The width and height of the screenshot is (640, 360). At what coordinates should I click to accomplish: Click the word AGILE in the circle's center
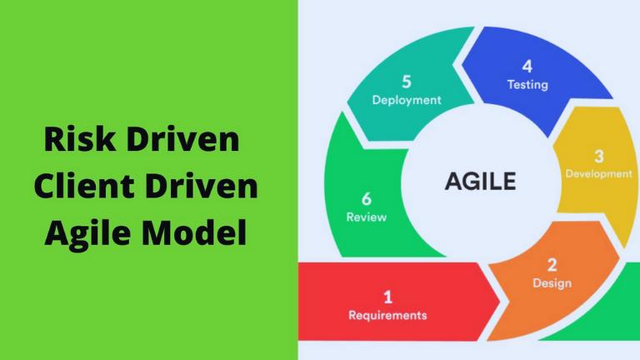480,181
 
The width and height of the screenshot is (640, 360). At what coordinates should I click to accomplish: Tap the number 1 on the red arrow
387,297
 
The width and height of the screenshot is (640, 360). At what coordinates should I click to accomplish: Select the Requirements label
387,315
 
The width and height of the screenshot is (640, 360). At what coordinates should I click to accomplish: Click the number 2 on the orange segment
552,265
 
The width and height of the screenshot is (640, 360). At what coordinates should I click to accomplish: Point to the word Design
552,282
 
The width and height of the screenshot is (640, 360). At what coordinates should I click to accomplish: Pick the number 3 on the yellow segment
599,157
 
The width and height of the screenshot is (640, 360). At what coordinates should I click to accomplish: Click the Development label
599,174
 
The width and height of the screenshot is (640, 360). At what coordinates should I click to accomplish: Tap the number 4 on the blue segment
527,67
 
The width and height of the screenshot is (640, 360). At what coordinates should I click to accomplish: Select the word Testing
527,85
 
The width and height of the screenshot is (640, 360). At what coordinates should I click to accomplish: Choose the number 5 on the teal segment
407,82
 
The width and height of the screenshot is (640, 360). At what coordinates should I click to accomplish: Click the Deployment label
407,100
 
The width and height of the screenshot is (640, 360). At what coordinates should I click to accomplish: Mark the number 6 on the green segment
367,199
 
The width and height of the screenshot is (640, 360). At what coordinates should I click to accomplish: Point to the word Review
367,217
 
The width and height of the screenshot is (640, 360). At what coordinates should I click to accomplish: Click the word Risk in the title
80,139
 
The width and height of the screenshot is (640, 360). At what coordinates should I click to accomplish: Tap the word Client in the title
84,186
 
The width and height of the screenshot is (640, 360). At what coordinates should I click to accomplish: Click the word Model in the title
194,232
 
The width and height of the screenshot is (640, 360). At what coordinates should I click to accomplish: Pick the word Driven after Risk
182,139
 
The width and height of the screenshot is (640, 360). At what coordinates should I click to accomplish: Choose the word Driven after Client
201,186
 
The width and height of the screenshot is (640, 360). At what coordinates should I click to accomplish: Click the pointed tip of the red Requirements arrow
500,302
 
